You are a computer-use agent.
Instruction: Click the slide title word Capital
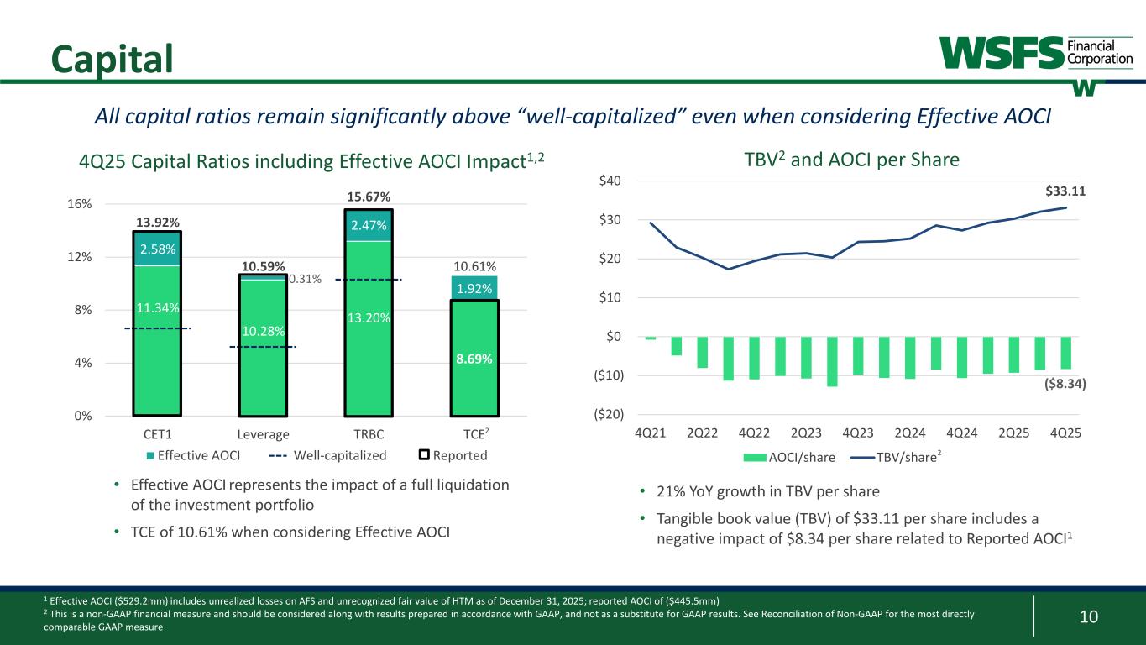point(112,56)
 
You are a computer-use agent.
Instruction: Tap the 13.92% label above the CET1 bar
point(157,223)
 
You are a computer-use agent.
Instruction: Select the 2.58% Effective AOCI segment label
point(157,249)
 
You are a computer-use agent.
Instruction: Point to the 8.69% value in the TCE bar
point(474,359)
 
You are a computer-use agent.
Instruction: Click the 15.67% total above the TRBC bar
point(369,197)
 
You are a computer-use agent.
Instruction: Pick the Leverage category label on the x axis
point(263,434)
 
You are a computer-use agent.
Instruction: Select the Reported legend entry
point(453,455)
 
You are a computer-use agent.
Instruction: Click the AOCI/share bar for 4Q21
point(651,338)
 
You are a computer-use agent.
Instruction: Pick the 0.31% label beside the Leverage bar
point(305,279)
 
